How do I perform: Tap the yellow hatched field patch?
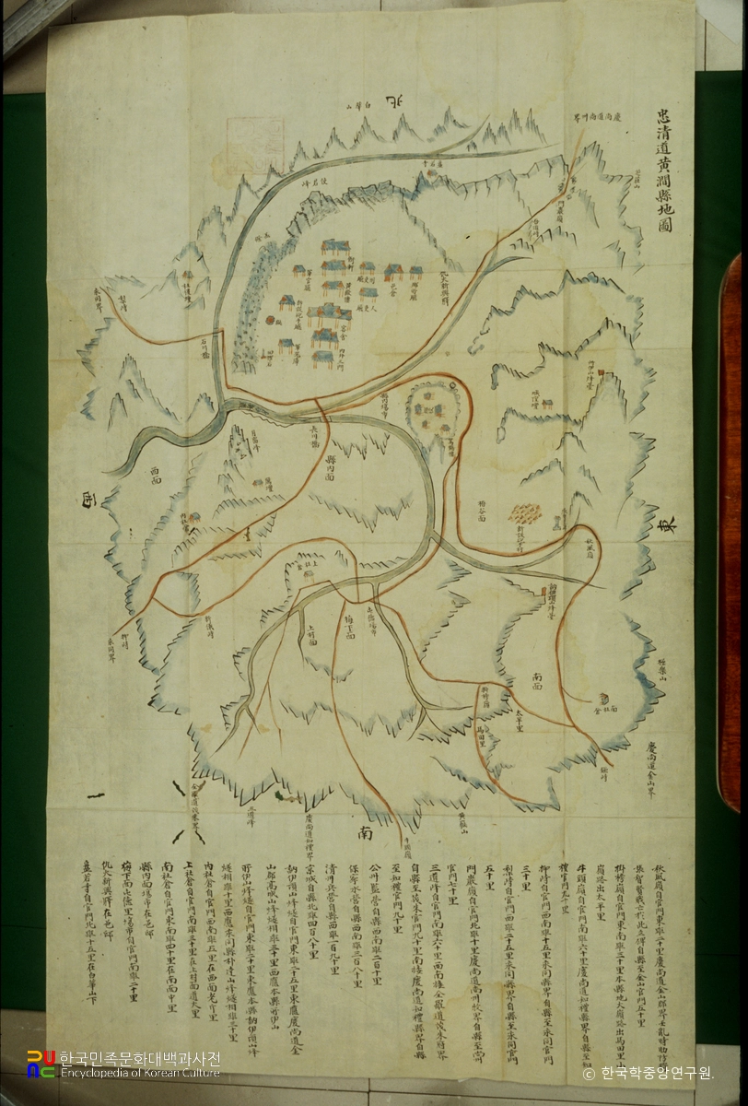tap(526, 513)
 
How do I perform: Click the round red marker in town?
tap(270, 321)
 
